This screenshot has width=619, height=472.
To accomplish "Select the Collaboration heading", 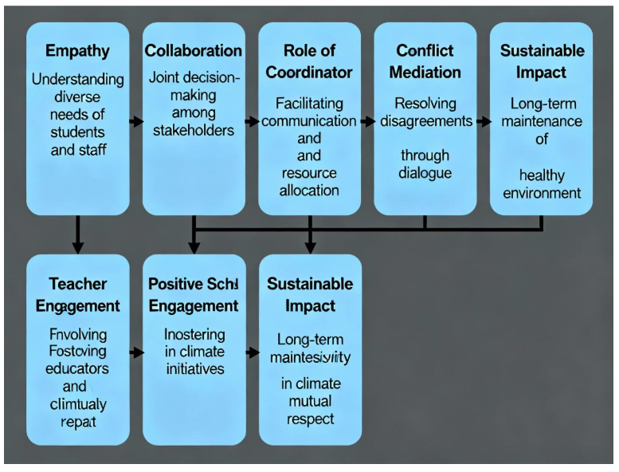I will (193, 51).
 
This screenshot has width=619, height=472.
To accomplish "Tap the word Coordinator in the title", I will (309, 72).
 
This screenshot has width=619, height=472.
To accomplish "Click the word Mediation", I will (426, 72).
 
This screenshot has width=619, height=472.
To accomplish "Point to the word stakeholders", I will (193, 130).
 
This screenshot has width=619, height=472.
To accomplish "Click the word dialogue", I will (425, 173).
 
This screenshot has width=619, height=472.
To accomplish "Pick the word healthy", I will (541, 174).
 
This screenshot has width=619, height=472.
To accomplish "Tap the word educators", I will (77, 369).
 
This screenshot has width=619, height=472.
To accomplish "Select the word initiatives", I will (193, 369).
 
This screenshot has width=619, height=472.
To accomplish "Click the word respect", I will (309, 419).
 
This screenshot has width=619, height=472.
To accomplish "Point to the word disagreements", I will (425, 121).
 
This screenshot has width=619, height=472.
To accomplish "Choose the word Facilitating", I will (309, 104).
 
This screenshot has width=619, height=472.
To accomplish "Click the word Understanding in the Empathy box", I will (77, 79).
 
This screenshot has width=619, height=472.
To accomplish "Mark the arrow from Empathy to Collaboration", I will (135, 122).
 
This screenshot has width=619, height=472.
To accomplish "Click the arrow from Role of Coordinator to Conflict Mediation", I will (367, 122).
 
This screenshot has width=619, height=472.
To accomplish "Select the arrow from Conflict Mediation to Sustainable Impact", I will (483, 122).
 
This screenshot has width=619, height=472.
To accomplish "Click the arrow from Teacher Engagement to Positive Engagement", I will (135, 351).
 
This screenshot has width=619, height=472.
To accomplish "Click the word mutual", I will (309, 401).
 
